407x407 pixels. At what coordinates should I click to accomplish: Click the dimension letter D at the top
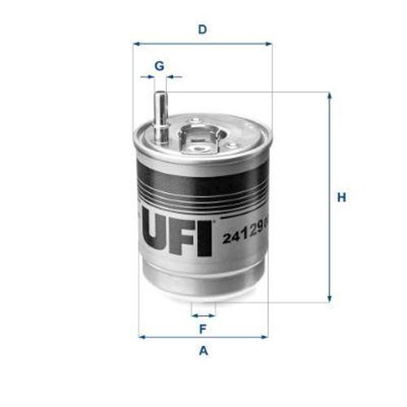click(x=202, y=30)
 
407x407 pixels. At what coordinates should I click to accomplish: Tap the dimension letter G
click(x=160, y=64)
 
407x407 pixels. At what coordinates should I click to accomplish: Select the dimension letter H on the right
click(x=343, y=198)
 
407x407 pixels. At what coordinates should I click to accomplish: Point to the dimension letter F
click(x=203, y=329)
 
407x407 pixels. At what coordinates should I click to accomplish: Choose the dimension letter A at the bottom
click(x=203, y=351)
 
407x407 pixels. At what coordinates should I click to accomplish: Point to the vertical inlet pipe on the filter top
click(x=160, y=118)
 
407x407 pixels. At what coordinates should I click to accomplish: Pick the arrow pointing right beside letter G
click(x=148, y=77)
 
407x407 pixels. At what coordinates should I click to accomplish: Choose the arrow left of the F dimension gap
click(x=195, y=313)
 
